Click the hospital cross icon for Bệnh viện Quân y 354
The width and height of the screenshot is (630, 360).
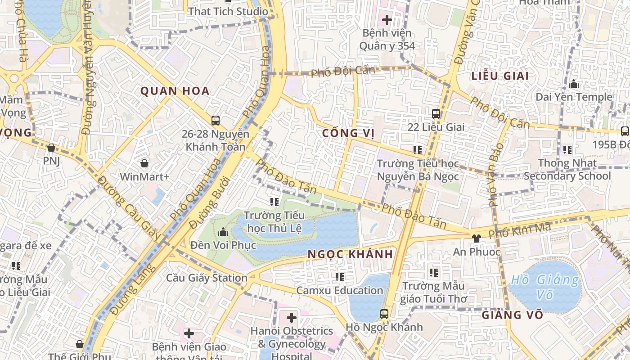[x=387, y=20]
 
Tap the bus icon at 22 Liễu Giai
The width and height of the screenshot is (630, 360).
[x=436, y=113]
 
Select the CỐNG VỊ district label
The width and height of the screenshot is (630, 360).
[x=348, y=133]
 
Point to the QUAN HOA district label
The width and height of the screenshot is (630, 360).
[x=175, y=91]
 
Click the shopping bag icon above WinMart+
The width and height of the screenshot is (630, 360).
[x=144, y=163]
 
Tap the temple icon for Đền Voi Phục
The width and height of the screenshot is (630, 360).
[x=223, y=232]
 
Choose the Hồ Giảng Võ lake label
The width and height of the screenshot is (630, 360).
[x=545, y=287]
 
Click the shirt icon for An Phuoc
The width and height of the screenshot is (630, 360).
[x=477, y=238]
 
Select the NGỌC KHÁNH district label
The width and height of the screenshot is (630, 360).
[x=350, y=254]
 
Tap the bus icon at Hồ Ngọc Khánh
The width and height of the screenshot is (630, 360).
[x=384, y=314]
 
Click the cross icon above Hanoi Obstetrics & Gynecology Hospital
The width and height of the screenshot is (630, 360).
[x=292, y=318]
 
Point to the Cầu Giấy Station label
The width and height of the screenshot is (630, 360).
[x=207, y=278]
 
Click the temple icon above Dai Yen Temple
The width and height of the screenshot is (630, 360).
[x=574, y=84]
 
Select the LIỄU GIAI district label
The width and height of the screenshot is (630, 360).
[x=500, y=76]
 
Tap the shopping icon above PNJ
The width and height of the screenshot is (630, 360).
[x=51, y=148]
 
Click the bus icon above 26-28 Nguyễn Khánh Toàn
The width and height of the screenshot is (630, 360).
[x=216, y=121]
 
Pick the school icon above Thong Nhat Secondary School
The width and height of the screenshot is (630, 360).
[x=567, y=149]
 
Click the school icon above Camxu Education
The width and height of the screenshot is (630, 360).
[x=339, y=277]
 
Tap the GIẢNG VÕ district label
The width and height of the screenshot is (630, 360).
[x=513, y=315]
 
